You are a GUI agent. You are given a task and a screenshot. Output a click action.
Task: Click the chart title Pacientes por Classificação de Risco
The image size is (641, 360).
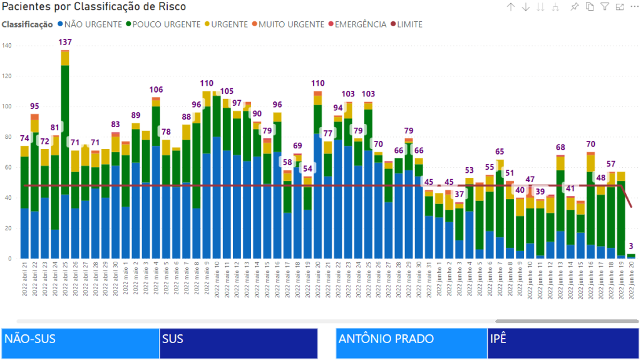94,7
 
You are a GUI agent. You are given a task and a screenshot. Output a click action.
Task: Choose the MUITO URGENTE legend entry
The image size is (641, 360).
291,24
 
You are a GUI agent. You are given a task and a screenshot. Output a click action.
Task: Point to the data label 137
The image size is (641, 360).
65,43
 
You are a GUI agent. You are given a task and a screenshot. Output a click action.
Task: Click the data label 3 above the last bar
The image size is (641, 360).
632,245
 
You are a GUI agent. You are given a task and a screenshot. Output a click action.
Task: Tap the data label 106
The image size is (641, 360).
156,90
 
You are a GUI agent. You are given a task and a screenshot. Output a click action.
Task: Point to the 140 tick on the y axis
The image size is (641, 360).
7,46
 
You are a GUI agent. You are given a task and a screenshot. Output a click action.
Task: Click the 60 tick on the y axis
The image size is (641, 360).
8,167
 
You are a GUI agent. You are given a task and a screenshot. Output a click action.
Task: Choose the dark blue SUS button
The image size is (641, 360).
238,343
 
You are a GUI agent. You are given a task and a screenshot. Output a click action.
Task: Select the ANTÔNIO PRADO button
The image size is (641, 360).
411,343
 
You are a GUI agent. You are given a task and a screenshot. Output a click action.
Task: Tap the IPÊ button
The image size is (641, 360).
562,343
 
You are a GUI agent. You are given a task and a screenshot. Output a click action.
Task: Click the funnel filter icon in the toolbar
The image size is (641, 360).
605,7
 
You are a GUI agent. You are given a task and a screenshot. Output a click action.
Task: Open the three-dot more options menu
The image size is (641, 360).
634,7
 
